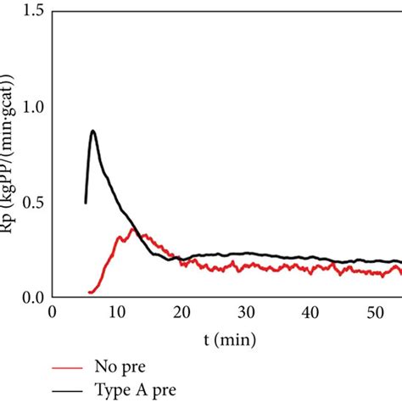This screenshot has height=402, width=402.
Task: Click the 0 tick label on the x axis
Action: point(53,312)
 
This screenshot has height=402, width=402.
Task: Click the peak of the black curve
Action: point(92,131)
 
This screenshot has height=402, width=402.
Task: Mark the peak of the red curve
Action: point(131,229)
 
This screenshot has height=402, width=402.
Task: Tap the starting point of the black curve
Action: point(86,202)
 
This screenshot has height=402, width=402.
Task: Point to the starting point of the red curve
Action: point(88,293)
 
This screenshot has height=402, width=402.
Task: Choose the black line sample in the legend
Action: point(68,389)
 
